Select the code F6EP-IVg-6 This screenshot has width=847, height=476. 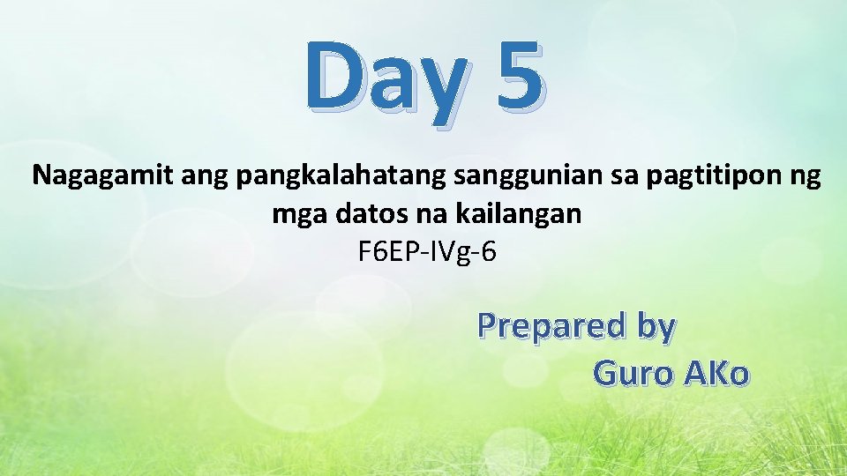[x=428, y=253]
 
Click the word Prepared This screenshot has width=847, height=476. [x=544, y=326]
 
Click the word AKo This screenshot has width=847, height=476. [x=715, y=374]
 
